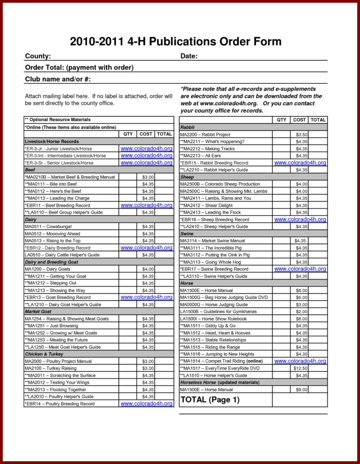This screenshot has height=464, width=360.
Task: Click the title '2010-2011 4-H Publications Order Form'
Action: tap(176, 41)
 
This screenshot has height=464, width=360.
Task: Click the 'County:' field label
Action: tap(38, 56)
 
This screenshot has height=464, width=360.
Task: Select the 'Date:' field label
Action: tap(189, 56)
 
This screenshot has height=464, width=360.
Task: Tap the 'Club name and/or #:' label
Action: tap(58, 79)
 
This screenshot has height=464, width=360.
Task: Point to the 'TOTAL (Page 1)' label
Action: tap(209, 399)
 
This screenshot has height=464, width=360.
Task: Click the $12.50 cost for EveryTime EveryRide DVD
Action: tap(301, 368)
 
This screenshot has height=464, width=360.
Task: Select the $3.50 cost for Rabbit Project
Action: tap(301, 134)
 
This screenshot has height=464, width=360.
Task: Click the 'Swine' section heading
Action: tap(187, 233)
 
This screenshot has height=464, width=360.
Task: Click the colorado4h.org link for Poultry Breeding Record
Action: tap(146, 404)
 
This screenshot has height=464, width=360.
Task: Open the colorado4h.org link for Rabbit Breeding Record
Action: tap(300, 163)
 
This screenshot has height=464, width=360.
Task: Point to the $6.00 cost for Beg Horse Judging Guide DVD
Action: tap(301, 298)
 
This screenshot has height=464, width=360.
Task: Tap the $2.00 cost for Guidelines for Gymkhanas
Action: tap(301, 311)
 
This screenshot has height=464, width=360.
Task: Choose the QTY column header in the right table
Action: tap(281, 120)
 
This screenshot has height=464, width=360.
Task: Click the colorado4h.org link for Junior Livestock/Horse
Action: tap(146, 149)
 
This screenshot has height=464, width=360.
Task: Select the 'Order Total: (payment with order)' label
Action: tap(79, 67)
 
